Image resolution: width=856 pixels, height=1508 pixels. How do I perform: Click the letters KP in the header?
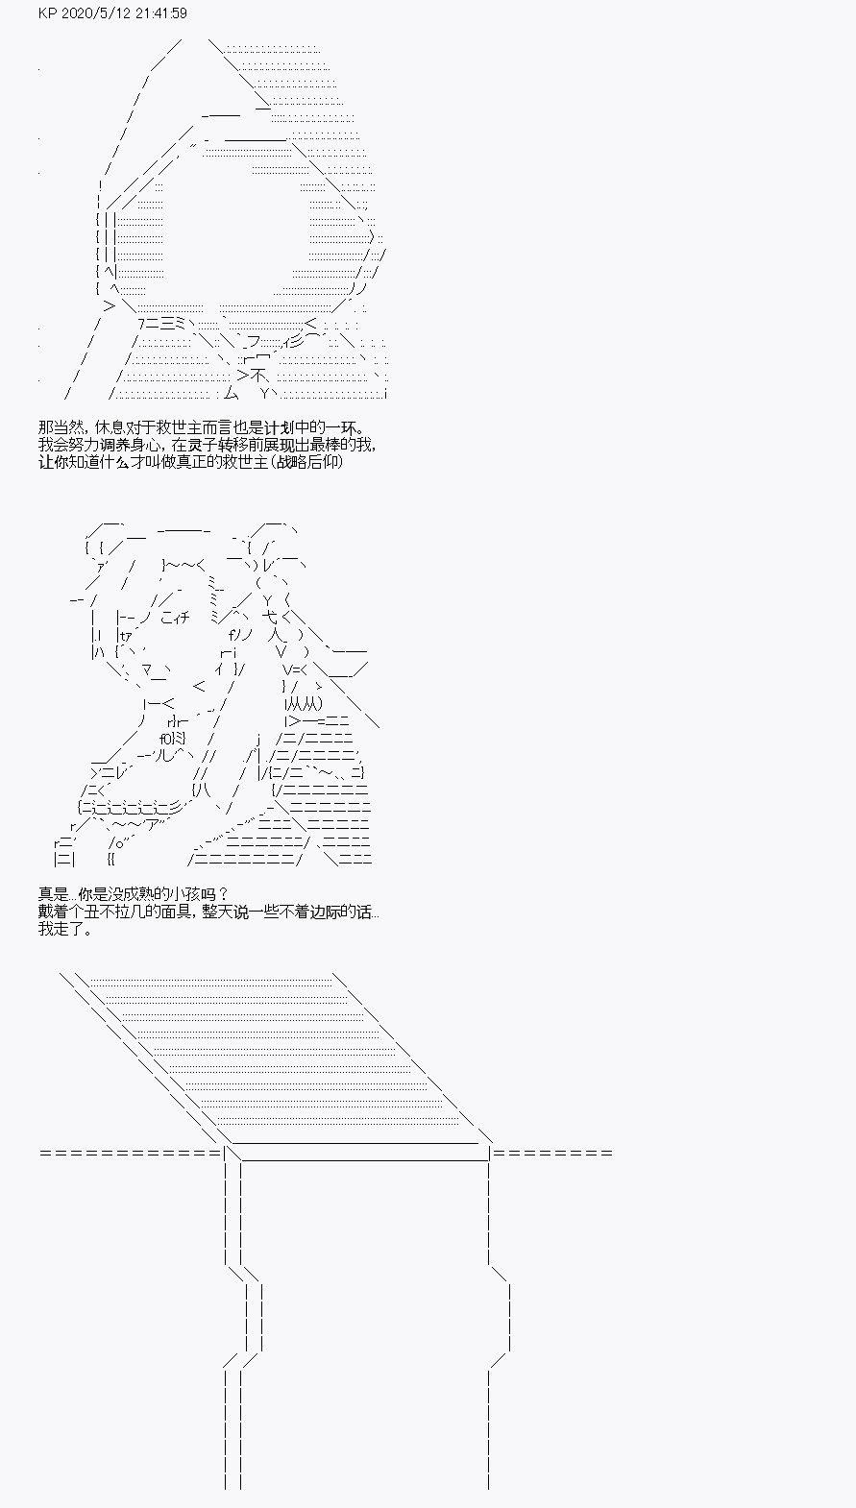point(48,13)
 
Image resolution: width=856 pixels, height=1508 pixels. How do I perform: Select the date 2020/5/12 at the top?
point(96,13)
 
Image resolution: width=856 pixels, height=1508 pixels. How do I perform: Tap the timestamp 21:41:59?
point(161,13)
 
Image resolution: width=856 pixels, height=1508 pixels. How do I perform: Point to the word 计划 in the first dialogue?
point(294,428)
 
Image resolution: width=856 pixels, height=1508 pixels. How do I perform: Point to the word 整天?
point(215,912)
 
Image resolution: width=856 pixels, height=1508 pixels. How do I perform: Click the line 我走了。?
point(65,929)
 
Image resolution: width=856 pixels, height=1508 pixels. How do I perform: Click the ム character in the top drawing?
point(231,393)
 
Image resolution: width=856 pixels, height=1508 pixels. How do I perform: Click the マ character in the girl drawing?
point(149,669)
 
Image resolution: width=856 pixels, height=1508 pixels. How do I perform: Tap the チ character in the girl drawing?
point(184,617)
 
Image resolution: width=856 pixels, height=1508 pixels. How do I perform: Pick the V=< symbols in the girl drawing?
point(295,669)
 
